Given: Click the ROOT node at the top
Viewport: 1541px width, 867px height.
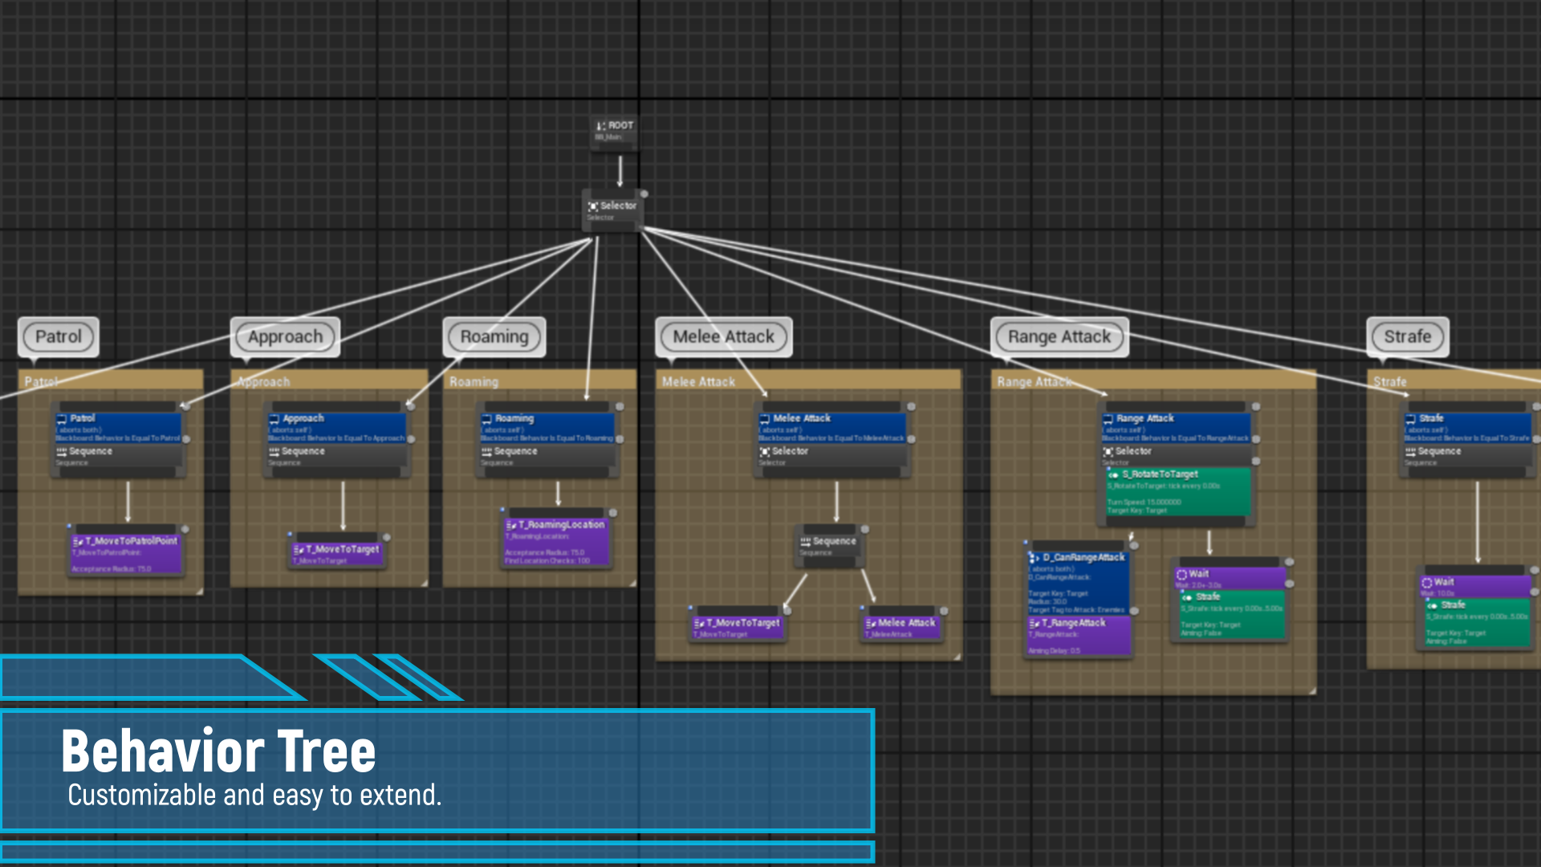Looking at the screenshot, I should (x=615, y=130).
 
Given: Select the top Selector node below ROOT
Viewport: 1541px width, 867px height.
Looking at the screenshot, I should (x=613, y=210).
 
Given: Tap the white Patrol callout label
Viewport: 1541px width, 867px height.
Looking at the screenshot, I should (x=59, y=337).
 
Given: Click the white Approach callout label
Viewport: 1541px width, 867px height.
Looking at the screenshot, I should (x=285, y=337).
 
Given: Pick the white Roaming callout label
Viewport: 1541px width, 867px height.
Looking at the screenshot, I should (x=494, y=337).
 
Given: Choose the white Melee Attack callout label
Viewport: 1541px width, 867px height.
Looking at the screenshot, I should (x=723, y=337).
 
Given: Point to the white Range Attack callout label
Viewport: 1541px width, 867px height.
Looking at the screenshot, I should (x=1059, y=337).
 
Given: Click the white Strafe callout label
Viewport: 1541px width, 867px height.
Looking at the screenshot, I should (x=1407, y=337).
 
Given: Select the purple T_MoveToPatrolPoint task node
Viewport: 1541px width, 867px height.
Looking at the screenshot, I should (x=127, y=553).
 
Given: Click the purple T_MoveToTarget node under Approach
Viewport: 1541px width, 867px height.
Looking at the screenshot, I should (x=339, y=553).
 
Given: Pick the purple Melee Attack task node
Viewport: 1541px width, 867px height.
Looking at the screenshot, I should (x=901, y=626).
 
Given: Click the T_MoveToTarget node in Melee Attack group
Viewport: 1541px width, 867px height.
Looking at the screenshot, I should (x=738, y=626).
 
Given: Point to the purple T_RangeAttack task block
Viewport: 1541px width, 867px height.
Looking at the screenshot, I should (x=1079, y=634).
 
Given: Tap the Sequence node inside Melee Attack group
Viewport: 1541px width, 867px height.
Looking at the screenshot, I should (x=830, y=546).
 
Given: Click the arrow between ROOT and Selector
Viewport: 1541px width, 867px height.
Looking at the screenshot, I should (x=620, y=171).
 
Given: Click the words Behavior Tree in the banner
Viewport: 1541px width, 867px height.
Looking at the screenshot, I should (x=218, y=751).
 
